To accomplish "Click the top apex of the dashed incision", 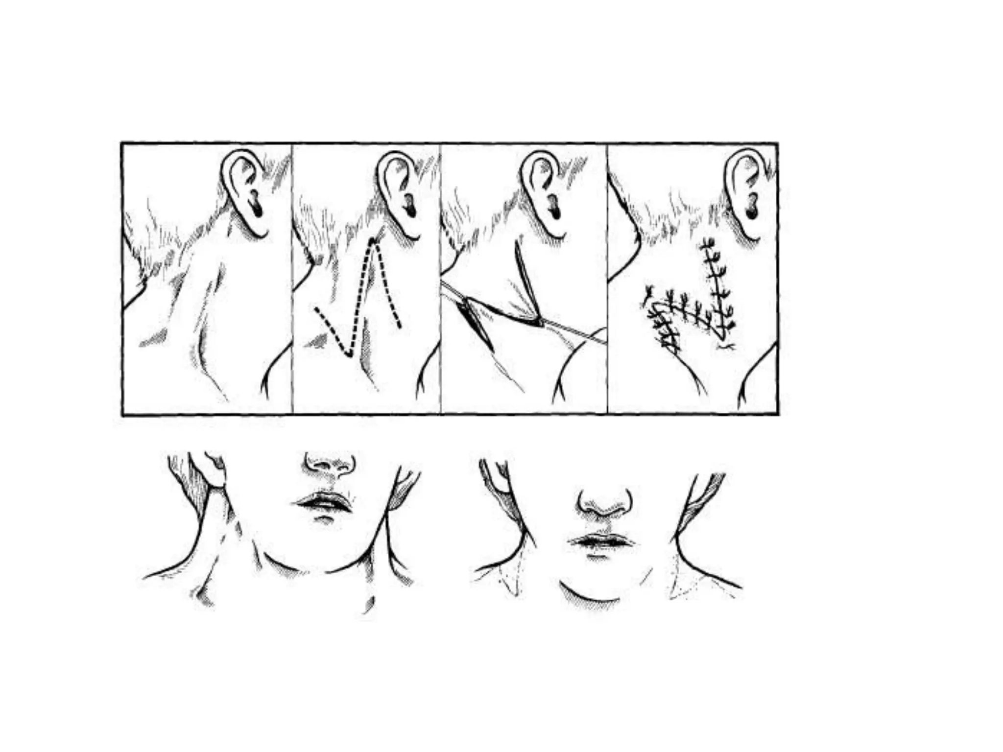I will click(x=374, y=241).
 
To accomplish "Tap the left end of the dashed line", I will click(x=316, y=309).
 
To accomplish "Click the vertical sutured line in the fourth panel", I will click(x=716, y=289).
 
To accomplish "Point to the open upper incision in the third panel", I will click(x=526, y=284).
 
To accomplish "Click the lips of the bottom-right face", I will click(x=601, y=541).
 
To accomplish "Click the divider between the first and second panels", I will click(x=292, y=279).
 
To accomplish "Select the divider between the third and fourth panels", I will click(x=607, y=279).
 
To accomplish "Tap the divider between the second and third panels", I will click(x=440, y=279).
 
